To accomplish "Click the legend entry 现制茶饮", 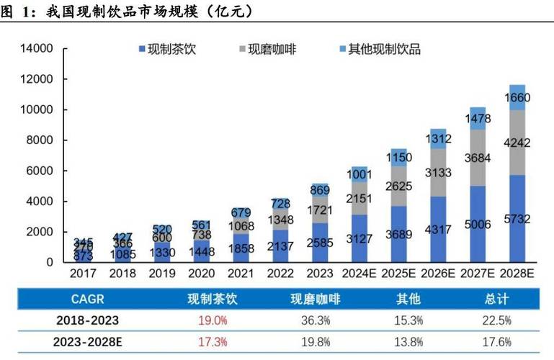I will pos(171,50).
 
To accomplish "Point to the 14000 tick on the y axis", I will pos(37,49).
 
